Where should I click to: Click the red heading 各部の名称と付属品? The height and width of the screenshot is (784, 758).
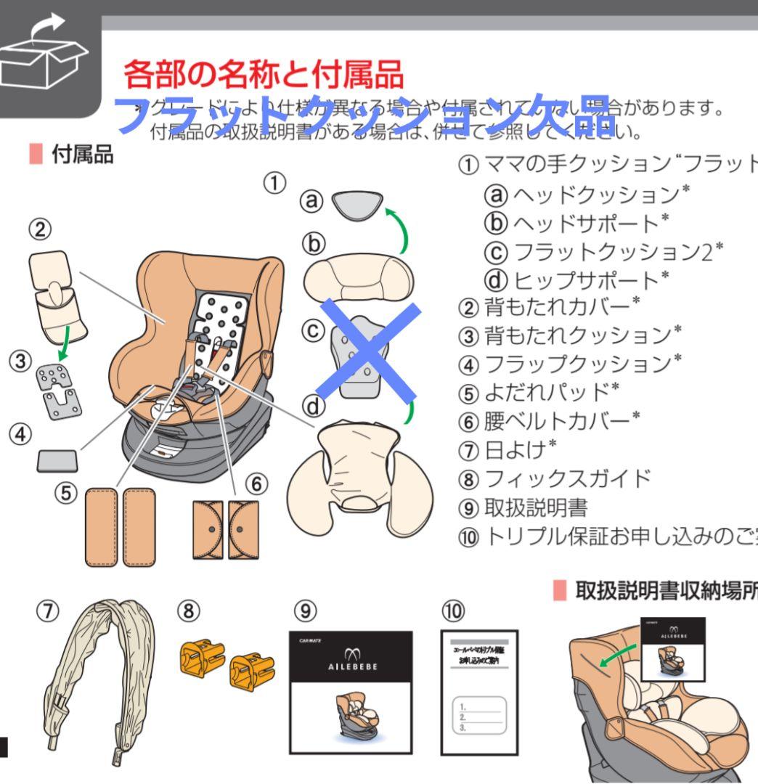tap(263, 74)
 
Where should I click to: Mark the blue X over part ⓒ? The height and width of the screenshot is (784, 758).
tap(367, 351)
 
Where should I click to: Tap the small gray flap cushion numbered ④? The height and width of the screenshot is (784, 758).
tap(57, 460)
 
